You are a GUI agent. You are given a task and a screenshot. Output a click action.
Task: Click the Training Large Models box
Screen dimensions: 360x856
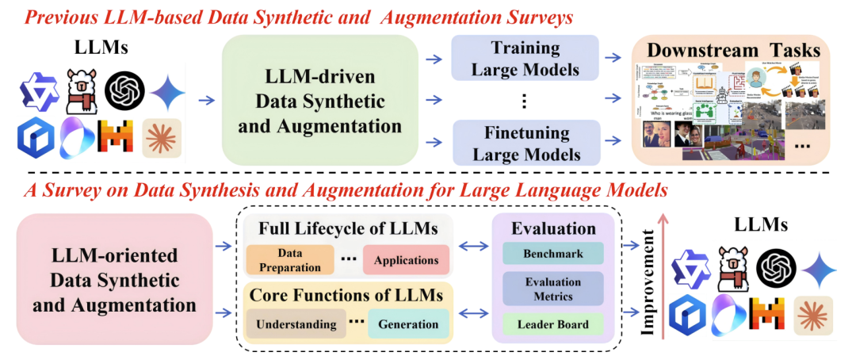[x=525, y=58]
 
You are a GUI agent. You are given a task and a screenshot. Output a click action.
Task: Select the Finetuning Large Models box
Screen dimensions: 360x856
[x=525, y=143]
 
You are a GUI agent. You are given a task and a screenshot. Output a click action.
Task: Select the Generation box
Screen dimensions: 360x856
[x=407, y=324]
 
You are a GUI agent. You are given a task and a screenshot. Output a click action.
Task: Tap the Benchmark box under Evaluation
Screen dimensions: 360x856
[x=554, y=255]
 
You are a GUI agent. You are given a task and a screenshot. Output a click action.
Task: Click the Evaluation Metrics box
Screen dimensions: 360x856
[x=554, y=289]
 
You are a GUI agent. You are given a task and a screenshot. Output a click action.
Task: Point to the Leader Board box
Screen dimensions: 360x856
[x=554, y=324]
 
